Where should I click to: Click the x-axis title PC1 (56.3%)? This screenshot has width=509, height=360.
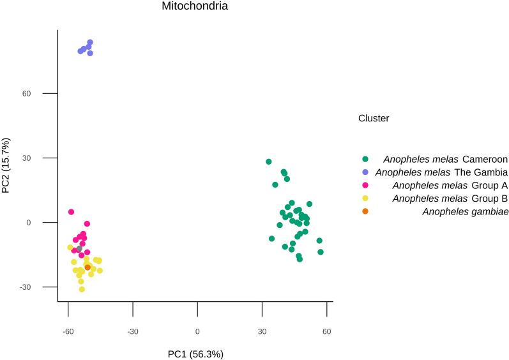coord(195,353)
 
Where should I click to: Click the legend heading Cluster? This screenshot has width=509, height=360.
coord(374,118)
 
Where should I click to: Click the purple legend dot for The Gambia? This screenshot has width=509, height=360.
coord(365,172)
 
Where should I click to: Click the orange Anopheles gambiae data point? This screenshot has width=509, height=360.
coord(87,267)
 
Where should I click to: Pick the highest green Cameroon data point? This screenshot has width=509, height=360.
coord(269,162)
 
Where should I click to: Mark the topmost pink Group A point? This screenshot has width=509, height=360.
coord(71,212)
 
